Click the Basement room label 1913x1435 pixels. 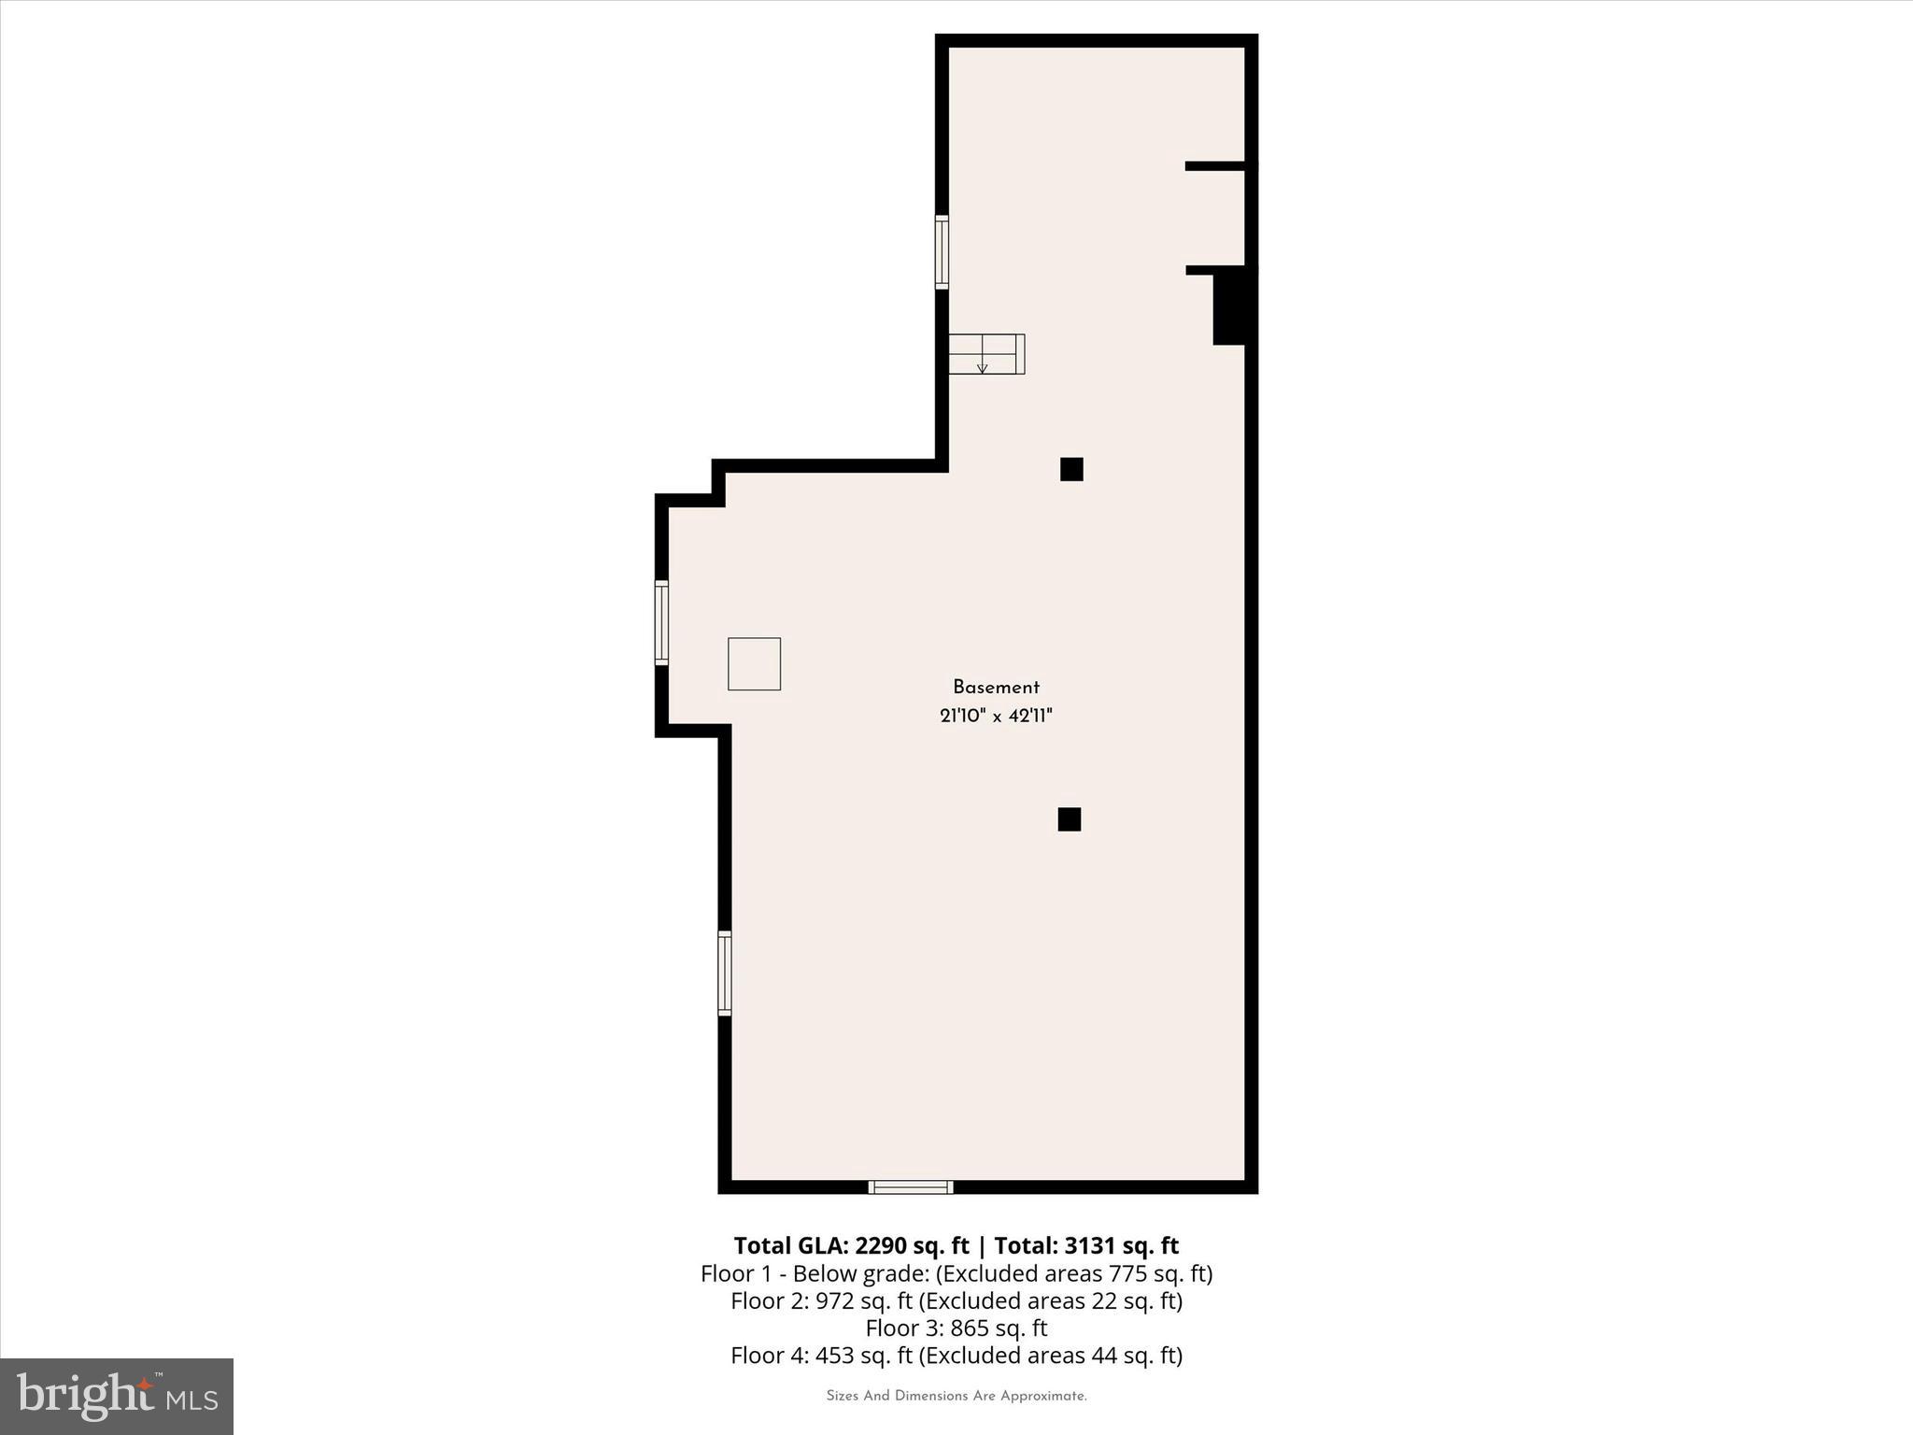coord(996,688)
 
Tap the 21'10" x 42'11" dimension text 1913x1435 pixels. coord(996,717)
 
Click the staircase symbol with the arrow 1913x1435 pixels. coord(986,354)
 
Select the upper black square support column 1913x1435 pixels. coord(1071,469)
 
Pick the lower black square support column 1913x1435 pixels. coord(1070,819)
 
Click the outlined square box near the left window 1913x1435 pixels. coord(754,664)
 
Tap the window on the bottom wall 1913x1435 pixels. coord(911,1187)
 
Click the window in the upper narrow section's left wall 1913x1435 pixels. coord(942,252)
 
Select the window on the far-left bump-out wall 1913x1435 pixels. coord(661,622)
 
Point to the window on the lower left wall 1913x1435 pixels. coord(724,973)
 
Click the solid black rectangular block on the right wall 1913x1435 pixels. coord(1230,305)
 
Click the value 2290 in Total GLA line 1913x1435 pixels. coord(880,1246)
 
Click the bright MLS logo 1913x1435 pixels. coord(117,1396)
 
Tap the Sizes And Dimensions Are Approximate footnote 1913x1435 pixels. coord(956,1396)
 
